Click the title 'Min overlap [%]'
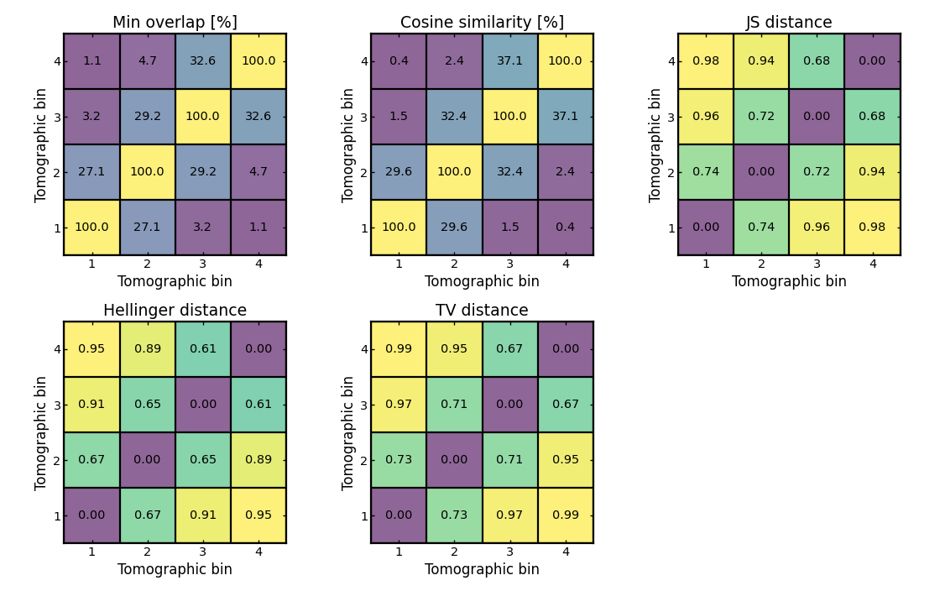(x=175, y=23)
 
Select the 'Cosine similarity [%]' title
(x=482, y=23)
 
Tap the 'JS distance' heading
(x=789, y=23)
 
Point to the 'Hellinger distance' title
(x=175, y=311)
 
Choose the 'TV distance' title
(x=482, y=311)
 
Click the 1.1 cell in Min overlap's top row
(x=91, y=61)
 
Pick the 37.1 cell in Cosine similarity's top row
(x=509, y=61)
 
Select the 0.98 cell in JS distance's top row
(x=706, y=61)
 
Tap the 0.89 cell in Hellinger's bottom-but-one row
(x=258, y=460)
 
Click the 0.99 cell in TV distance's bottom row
(x=566, y=515)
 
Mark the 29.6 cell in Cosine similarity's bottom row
(x=454, y=228)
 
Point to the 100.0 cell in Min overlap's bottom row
(x=91, y=228)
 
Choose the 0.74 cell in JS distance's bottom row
(x=761, y=228)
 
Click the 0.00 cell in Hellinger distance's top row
(x=258, y=349)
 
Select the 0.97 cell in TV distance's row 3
(x=399, y=405)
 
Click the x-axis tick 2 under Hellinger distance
(x=147, y=552)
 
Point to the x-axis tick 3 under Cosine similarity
(x=509, y=264)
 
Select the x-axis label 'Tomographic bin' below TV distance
(x=482, y=569)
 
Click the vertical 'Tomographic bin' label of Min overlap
(x=41, y=144)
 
